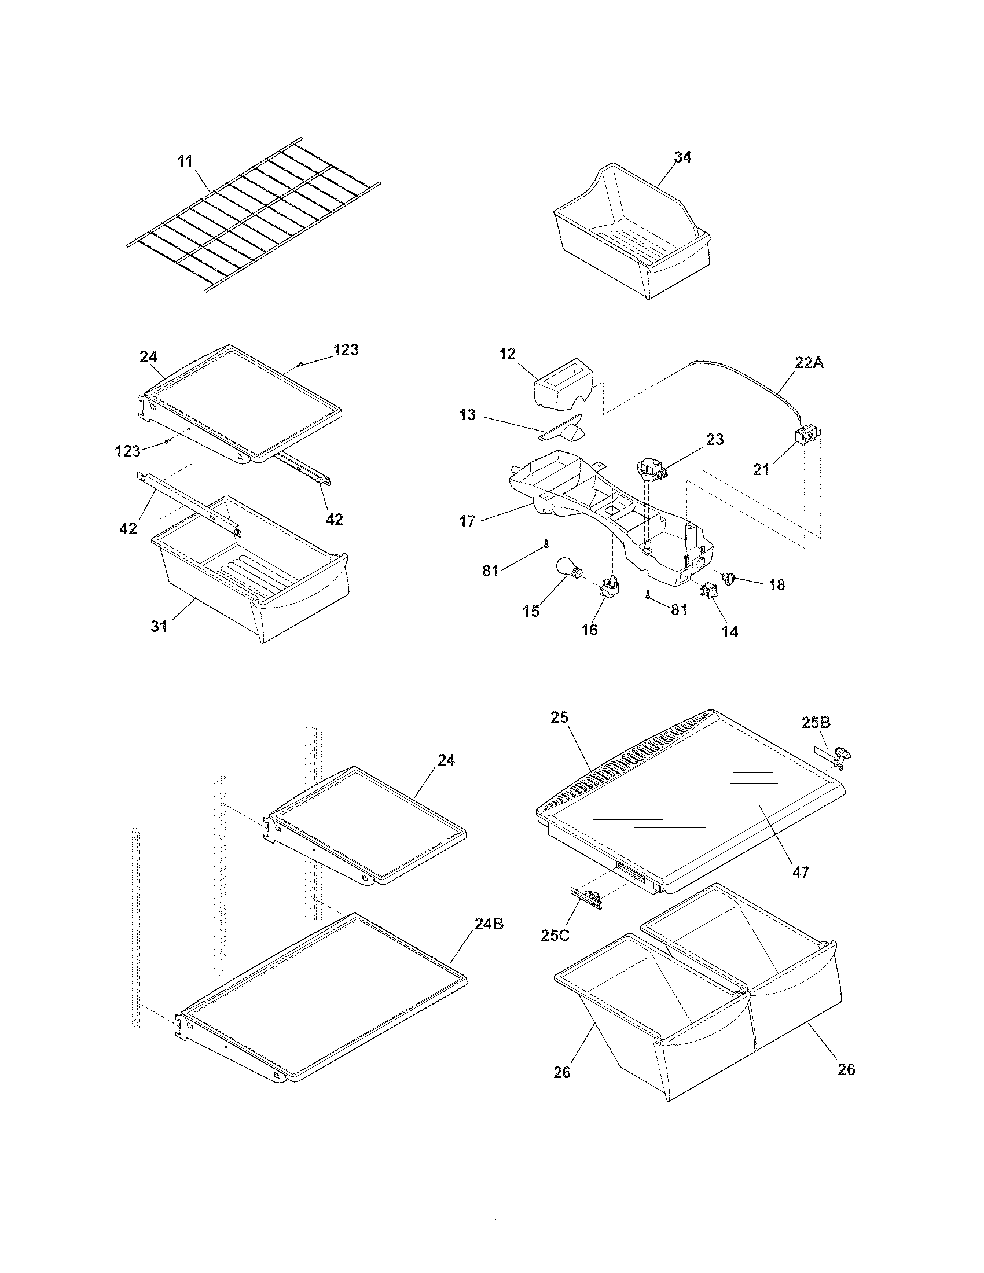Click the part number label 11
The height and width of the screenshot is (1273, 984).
185,161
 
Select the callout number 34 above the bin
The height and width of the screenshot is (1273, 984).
682,157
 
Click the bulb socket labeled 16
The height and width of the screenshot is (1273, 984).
608,584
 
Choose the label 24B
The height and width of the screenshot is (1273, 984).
489,924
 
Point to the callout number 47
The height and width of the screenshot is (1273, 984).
801,872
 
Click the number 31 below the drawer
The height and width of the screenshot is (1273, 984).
159,626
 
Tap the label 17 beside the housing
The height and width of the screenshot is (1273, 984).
468,521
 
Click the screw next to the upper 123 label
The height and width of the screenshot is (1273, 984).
300,365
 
